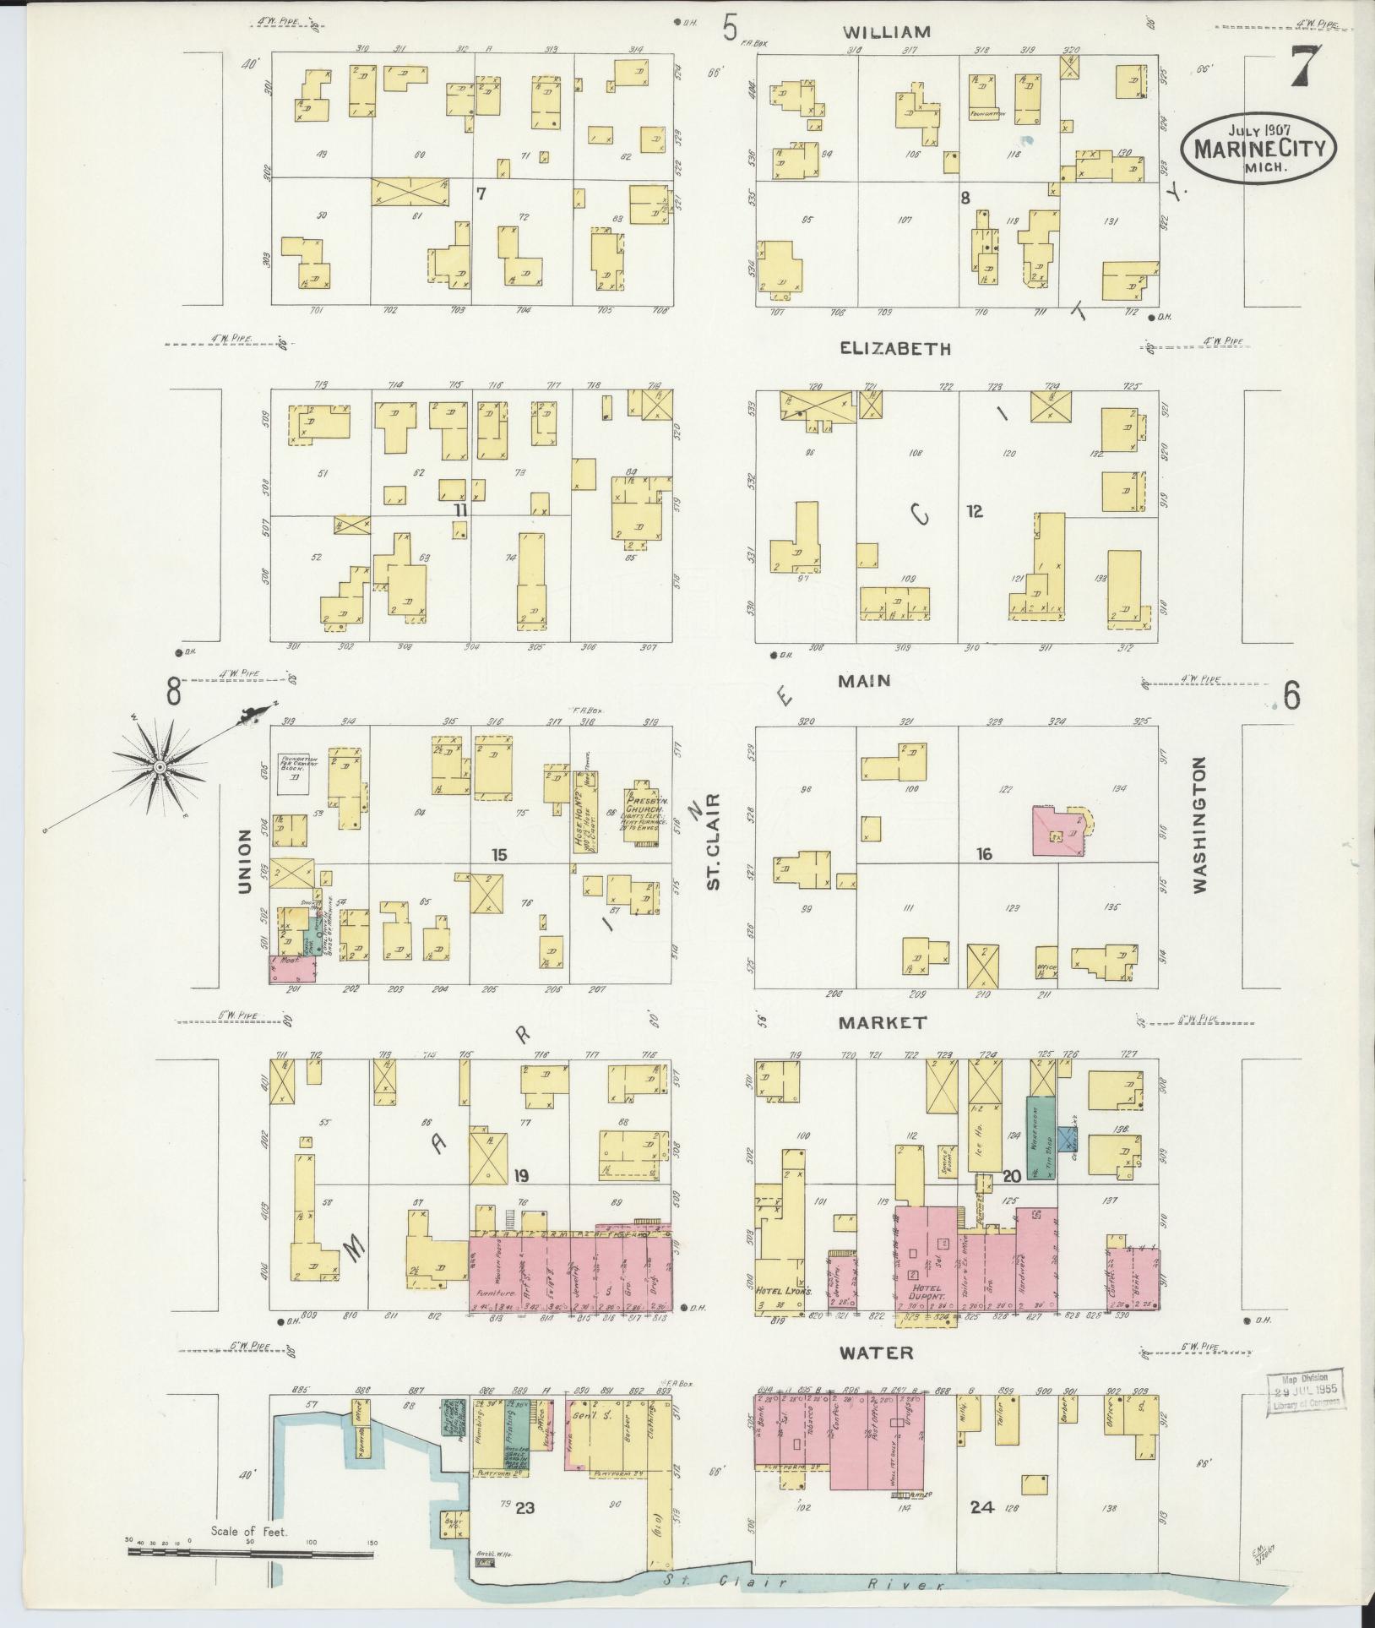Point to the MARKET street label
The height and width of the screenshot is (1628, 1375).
883,1022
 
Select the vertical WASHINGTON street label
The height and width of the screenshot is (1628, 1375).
1199,825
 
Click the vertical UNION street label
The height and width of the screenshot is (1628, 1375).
245,861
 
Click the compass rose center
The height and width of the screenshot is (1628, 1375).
159,766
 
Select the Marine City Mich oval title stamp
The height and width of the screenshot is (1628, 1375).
1253,149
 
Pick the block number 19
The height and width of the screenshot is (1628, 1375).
521,1176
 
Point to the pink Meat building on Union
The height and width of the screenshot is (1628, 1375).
291,968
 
